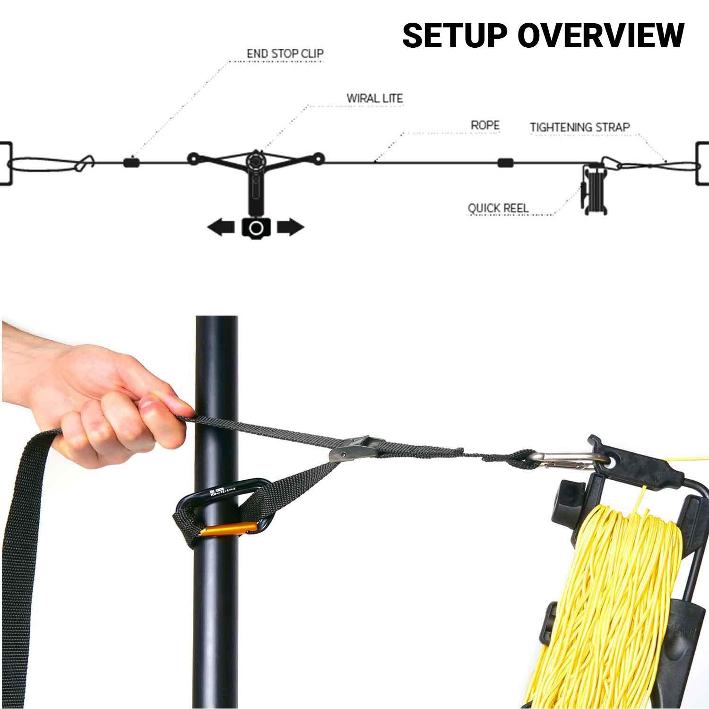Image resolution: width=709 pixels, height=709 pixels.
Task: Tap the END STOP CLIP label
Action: click(x=285, y=53)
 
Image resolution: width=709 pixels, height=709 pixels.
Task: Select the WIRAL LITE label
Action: click(x=374, y=98)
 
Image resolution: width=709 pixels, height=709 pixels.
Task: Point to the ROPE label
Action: click(x=485, y=125)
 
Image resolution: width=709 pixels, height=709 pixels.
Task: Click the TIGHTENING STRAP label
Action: click(x=579, y=127)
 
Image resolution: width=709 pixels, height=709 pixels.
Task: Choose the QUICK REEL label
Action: click(x=498, y=208)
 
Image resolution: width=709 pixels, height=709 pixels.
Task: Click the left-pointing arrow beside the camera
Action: click(x=221, y=228)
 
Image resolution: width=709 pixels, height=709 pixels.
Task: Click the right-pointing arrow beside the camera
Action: click(x=290, y=227)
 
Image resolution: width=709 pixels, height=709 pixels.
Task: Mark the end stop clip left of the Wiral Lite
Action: click(x=131, y=163)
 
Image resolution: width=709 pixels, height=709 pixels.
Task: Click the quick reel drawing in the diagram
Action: click(x=594, y=189)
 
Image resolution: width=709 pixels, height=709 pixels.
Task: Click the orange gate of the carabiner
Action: click(x=229, y=529)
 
